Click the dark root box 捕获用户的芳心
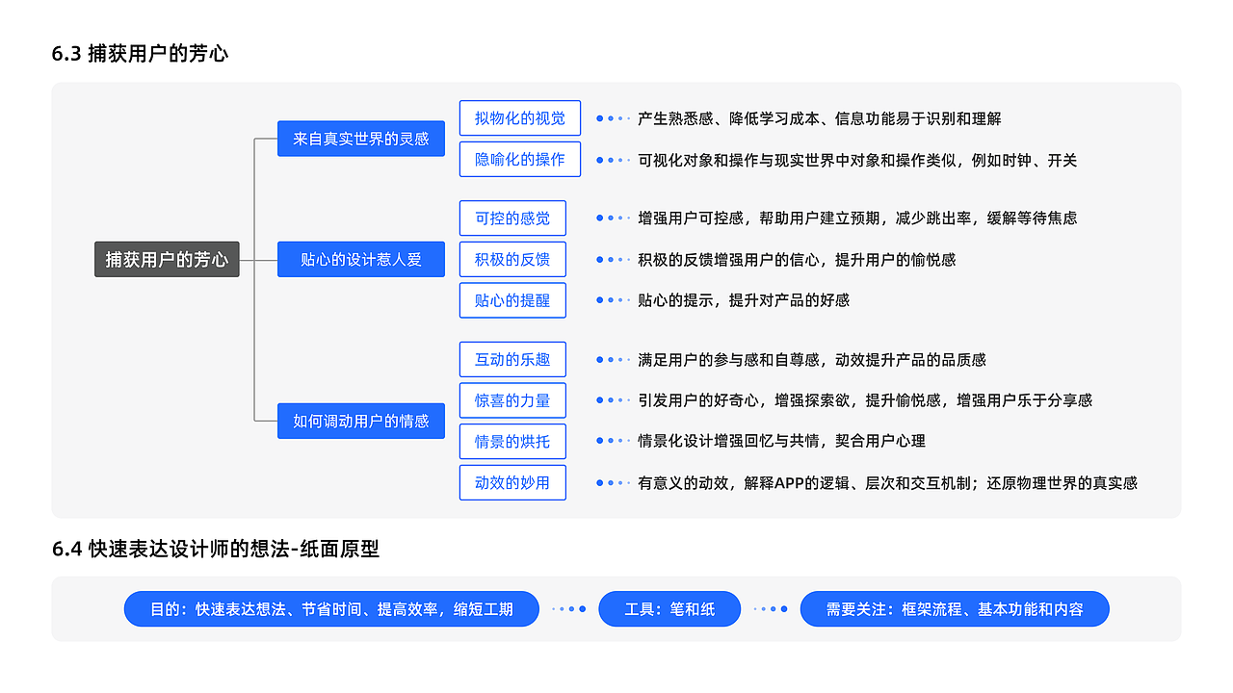click(167, 260)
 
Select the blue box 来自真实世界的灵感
click(361, 139)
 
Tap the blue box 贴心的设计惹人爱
click(361, 260)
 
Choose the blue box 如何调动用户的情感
click(361, 421)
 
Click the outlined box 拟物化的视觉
click(520, 118)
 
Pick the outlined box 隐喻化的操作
click(520, 159)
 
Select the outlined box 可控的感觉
click(512, 218)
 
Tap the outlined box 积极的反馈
click(512, 260)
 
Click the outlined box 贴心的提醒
click(512, 300)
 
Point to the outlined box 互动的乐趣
click(512, 360)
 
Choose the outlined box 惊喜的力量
click(512, 400)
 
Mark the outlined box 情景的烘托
click(512, 441)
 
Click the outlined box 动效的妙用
click(512, 482)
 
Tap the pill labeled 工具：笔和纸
click(669, 609)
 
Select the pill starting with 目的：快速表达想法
click(331, 609)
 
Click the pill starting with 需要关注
click(955, 609)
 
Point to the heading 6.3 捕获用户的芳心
click(141, 54)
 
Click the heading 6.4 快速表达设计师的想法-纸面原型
click(216, 550)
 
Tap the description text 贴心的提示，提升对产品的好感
click(744, 300)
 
